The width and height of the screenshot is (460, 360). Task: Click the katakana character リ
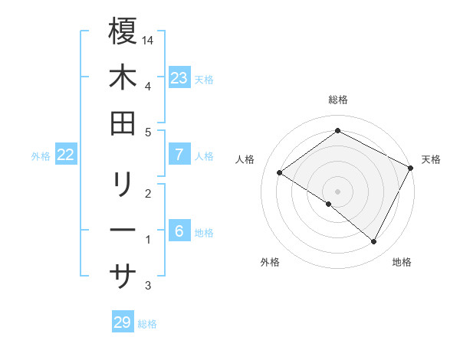pos(123,185)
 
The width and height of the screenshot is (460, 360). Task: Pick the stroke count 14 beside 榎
pos(149,39)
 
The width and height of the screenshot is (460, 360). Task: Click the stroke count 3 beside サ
pos(148,286)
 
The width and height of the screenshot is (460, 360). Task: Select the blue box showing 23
pos(179,77)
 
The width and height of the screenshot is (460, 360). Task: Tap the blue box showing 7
pos(179,155)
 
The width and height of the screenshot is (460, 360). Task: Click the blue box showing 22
pos(66,155)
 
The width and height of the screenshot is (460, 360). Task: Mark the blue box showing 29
pos(122,322)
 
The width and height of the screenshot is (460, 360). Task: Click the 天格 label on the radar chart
pos(431,159)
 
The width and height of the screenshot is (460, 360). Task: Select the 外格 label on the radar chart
pos(270,262)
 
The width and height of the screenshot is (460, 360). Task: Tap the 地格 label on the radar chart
pos(402,262)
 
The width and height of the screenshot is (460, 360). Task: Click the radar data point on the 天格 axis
pos(411,168)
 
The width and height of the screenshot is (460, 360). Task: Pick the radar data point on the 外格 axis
pos(329,204)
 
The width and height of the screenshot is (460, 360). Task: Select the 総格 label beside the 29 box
pos(147,324)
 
